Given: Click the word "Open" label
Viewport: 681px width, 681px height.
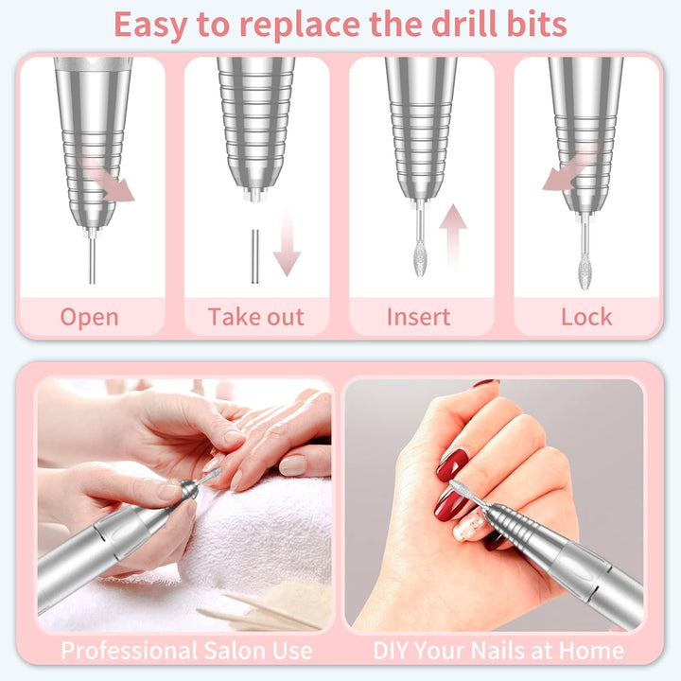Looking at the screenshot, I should [90, 317].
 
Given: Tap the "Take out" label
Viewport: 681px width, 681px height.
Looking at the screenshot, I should [255, 317].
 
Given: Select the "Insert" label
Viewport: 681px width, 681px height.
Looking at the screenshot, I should [419, 317].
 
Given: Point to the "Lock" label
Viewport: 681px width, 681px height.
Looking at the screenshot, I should [586, 317].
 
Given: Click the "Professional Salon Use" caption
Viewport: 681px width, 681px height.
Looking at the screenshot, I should [186, 651].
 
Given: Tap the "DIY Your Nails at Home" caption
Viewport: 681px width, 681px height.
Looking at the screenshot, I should [498, 651].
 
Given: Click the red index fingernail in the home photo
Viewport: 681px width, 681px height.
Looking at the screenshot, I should [451, 465].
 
